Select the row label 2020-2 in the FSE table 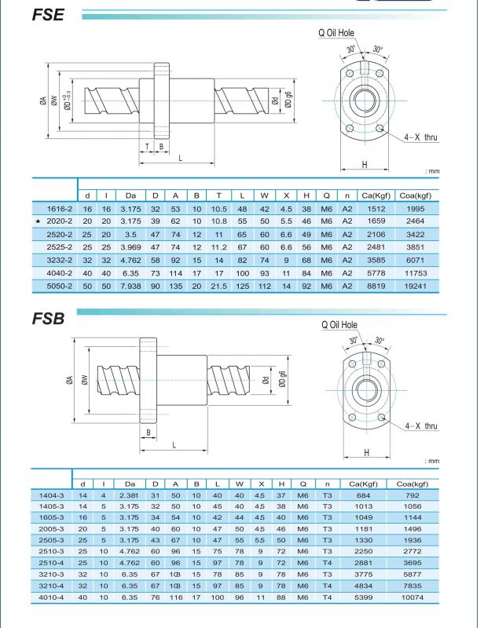[x=60, y=222]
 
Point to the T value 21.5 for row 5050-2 [x=218, y=287]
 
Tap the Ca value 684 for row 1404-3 [x=363, y=495]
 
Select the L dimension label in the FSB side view [x=172, y=444]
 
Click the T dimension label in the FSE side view [x=147, y=146]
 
